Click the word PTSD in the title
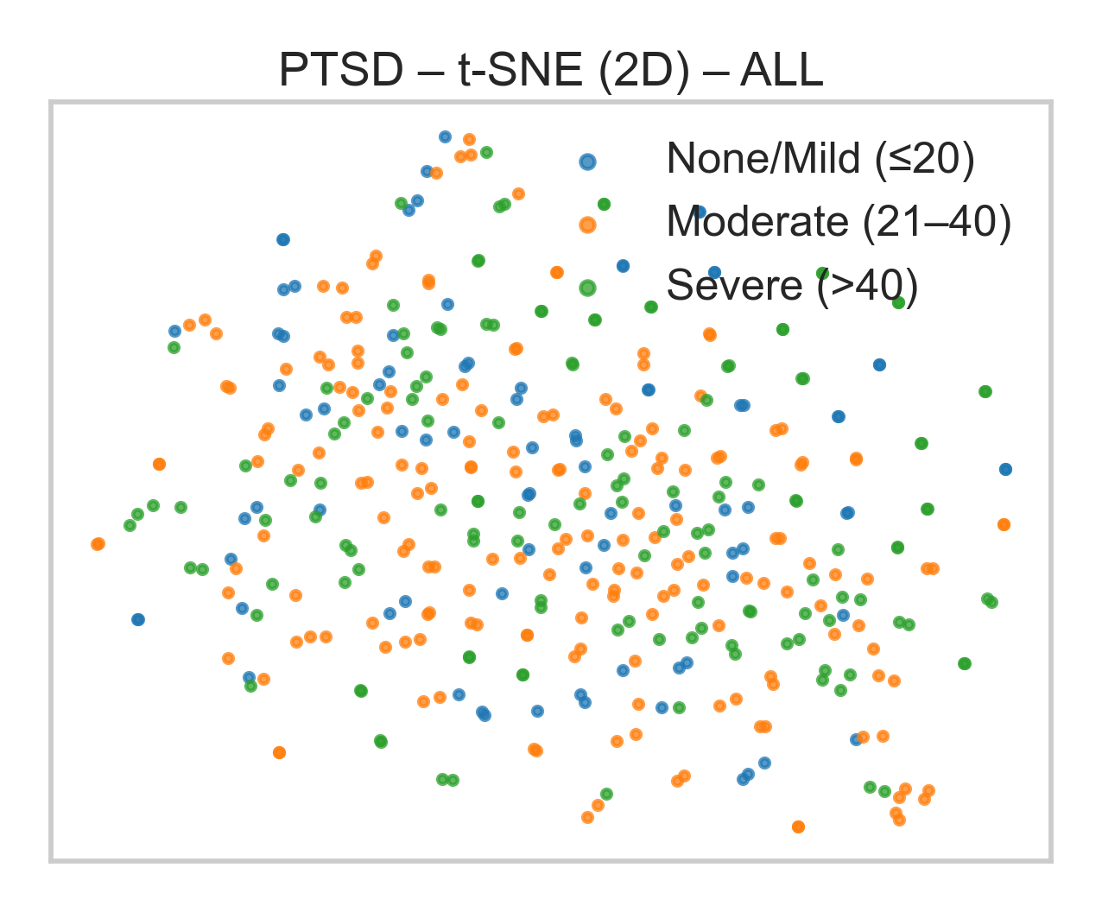pyautogui.click(x=340, y=71)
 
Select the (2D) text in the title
pyautogui.click(x=640, y=71)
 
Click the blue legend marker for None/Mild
pyautogui.click(x=587, y=161)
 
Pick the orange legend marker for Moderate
pyautogui.click(x=587, y=225)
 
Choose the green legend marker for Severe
pyautogui.click(x=587, y=288)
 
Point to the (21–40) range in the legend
pyautogui.click(x=937, y=223)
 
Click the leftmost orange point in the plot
pyautogui.click(x=98, y=544)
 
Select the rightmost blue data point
pyautogui.click(x=1005, y=470)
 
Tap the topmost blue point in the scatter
pyautogui.click(x=445, y=136)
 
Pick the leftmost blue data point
pyautogui.click(x=138, y=619)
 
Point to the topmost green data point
pyautogui.click(x=486, y=152)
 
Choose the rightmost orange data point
pyautogui.click(x=1004, y=524)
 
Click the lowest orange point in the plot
pyautogui.click(x=798, y=826)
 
